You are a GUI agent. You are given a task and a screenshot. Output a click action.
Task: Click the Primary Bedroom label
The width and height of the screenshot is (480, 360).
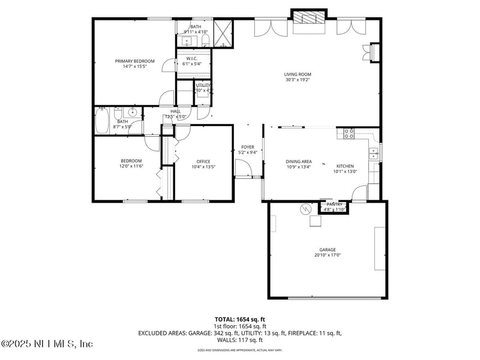[135, 61]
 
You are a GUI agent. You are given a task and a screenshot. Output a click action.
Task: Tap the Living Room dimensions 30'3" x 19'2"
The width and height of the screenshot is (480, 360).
[298, 80]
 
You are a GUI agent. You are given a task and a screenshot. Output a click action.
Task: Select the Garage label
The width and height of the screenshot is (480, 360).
[327, 250]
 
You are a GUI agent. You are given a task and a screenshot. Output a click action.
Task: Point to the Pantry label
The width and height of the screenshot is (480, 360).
[334, 205]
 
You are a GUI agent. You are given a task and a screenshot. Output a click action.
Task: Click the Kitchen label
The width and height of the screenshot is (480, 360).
[344, 166]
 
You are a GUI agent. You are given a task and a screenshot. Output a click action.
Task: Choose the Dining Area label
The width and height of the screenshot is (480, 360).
[298, 161]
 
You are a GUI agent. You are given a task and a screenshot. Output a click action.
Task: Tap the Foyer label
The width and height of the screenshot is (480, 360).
[248, 147]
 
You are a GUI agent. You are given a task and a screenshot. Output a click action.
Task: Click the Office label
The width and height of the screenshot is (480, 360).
[203, 161]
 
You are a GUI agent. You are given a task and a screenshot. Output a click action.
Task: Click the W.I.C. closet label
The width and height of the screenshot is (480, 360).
[192, 58]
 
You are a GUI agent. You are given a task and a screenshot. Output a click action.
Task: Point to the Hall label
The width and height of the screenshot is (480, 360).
[175, 111]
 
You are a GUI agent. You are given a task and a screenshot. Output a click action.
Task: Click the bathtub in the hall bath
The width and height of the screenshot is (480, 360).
[103, 121]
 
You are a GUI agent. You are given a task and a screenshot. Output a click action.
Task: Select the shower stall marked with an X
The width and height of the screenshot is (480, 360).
[223, 34]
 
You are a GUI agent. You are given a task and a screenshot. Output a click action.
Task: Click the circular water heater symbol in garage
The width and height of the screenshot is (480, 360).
[306, 209]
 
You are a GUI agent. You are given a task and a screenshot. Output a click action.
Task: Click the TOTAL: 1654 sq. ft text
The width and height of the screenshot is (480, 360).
[240, 319]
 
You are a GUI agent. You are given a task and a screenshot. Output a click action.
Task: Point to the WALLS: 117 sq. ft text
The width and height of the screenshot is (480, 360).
[240, 340]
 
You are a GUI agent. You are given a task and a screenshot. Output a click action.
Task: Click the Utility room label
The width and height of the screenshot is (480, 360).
[203, 85]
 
